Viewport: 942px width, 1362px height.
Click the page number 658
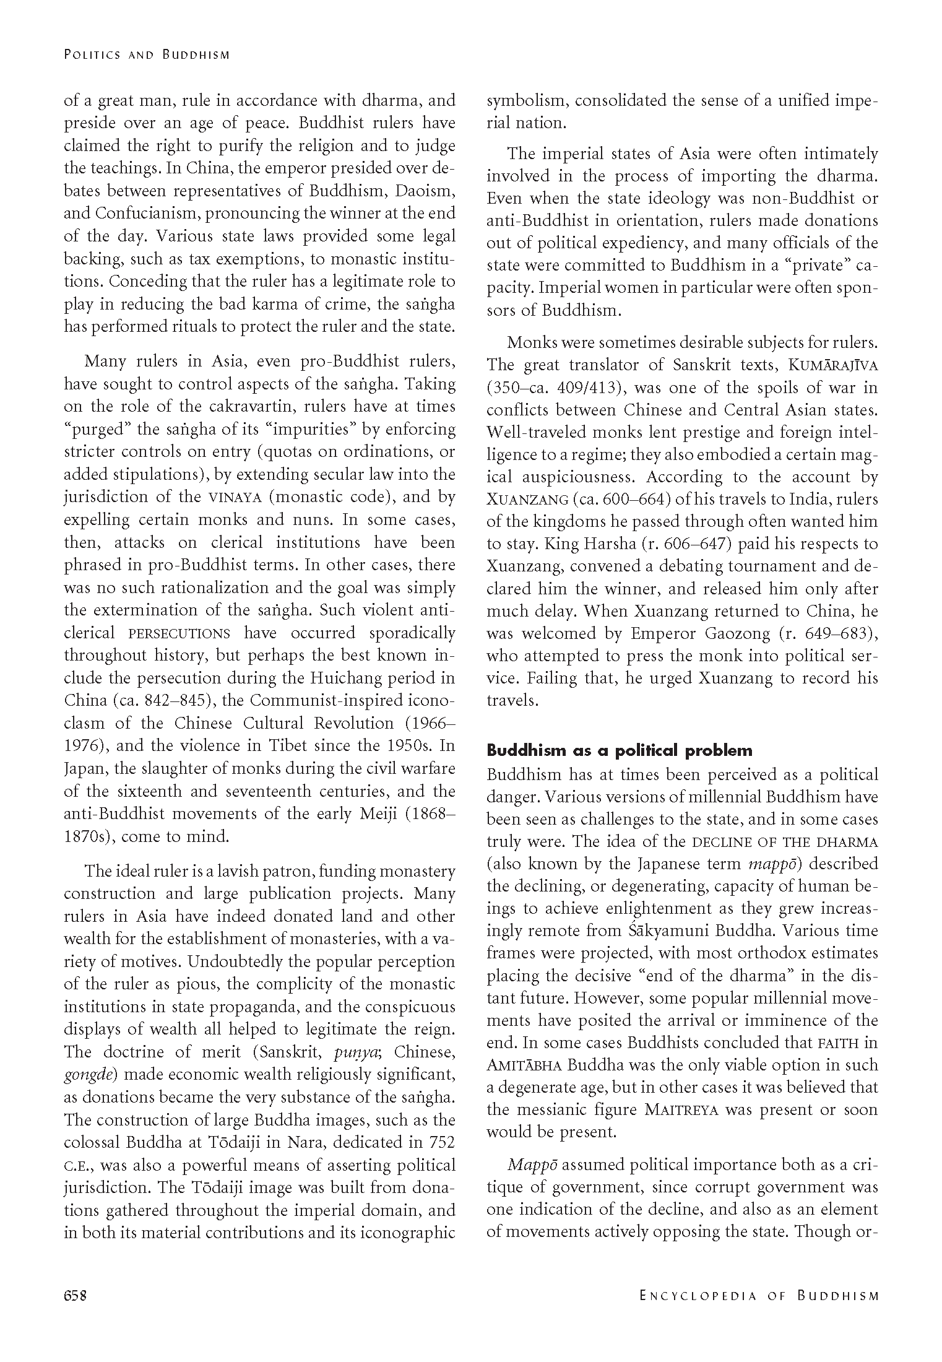click(x=75, y=1295)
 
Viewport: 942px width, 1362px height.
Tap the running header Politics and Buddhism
click(x=147, y=54)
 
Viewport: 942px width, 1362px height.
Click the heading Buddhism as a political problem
click(x=620, y=751)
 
